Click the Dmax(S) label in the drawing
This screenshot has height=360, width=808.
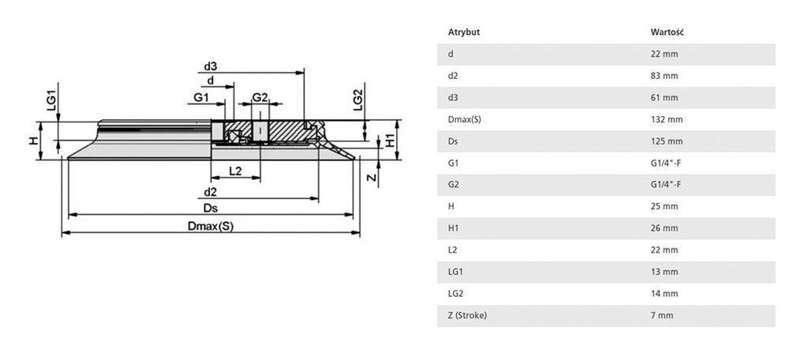point(210,226)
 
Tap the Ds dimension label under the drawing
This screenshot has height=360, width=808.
point(210,208)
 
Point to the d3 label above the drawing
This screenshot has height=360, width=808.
point(210,66)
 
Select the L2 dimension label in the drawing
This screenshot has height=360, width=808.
point(235,171)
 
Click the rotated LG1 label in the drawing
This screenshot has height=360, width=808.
point(51,98)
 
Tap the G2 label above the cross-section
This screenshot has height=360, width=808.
point(260,97)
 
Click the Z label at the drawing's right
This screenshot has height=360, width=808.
point(371,178)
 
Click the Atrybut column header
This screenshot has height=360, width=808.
point(464,32)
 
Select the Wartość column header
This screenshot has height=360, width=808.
point(667,32)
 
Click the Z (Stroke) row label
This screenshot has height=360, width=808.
point(467,316)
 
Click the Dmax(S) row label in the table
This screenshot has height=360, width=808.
point(465,120)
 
